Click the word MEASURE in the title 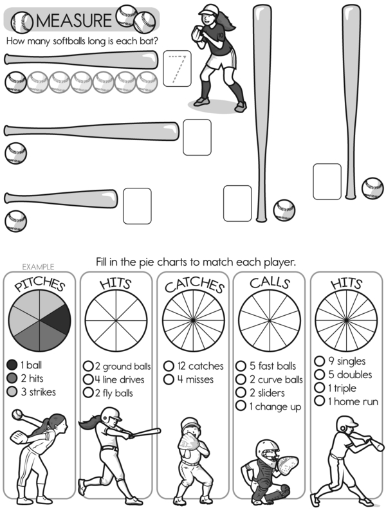click(x=74, y=20)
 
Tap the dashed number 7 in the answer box click(x=178, y=69)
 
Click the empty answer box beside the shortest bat click(x=137, y=206)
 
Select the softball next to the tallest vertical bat click(x=284, y=210)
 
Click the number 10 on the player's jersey click(x=221, y=35)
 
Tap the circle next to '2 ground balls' click(x=88, y=366)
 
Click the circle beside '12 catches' click(x=169, y=366)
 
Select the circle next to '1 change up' click(x=241, y=406)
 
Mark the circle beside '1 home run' click(x=319, y=401)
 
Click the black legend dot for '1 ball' click(x=12, y=365)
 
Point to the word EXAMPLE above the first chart click(x=38, y=267)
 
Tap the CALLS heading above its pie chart click(x=270, y=282)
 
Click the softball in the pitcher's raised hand click(x=17, y=414)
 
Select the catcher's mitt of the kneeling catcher click(x=288, y=466)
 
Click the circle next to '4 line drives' click(x=88, y=379)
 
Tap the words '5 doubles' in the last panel click(x=350, y=375)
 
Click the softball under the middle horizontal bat click(x=15, y=153)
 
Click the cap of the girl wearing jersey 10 click(x=208, y=9)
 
